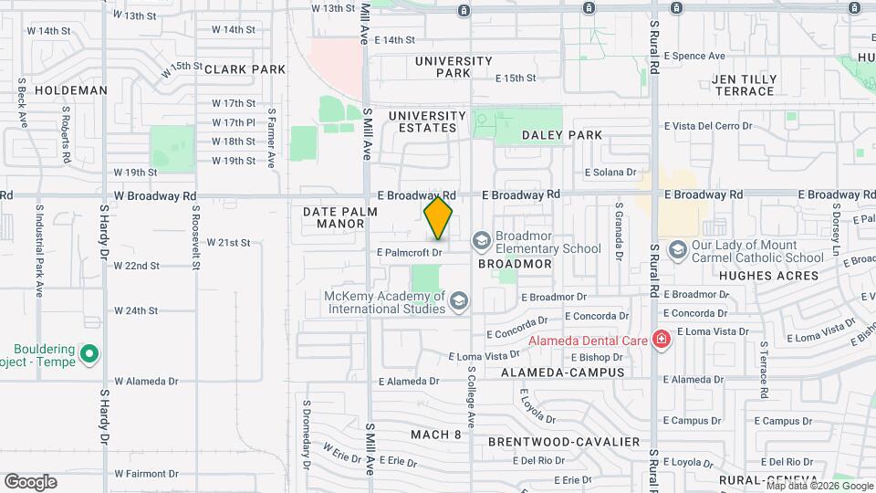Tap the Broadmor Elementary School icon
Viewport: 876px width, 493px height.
(481, 240)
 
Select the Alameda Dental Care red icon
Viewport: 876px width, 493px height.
(662, 341)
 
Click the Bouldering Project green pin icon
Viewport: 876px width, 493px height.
(89, 352)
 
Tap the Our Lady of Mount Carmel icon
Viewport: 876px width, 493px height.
(677, 249)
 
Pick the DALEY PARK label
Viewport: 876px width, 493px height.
(561, 135)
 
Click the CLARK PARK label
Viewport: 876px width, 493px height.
(245, 69)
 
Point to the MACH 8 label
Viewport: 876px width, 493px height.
(435, 434)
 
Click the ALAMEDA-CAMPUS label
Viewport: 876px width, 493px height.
(562, 372)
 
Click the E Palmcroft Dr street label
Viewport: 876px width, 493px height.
(409, 251)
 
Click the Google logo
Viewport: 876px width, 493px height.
(30, 481)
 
